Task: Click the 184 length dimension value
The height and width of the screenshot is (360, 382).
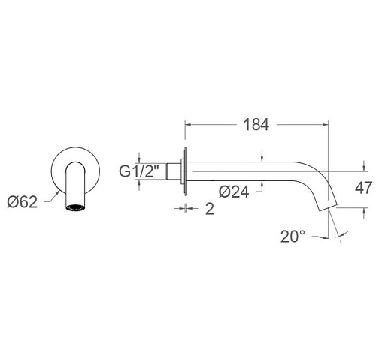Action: coord(256,125)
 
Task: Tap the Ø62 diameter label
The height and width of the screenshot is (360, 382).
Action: coord(23,202)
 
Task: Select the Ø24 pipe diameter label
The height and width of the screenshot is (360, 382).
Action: coord(234,192)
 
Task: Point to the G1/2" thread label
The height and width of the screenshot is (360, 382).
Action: coord(139,171)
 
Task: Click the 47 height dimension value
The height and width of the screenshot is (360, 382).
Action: coord(363,188)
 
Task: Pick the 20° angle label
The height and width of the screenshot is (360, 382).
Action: coord(293,237)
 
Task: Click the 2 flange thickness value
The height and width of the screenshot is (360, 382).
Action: coord(210,209)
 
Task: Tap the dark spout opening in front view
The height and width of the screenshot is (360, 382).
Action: coord(75,207)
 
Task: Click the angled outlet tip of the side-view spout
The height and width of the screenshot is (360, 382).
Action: coord(327,207)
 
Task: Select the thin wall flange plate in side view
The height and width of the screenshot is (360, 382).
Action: coord(186,171)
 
